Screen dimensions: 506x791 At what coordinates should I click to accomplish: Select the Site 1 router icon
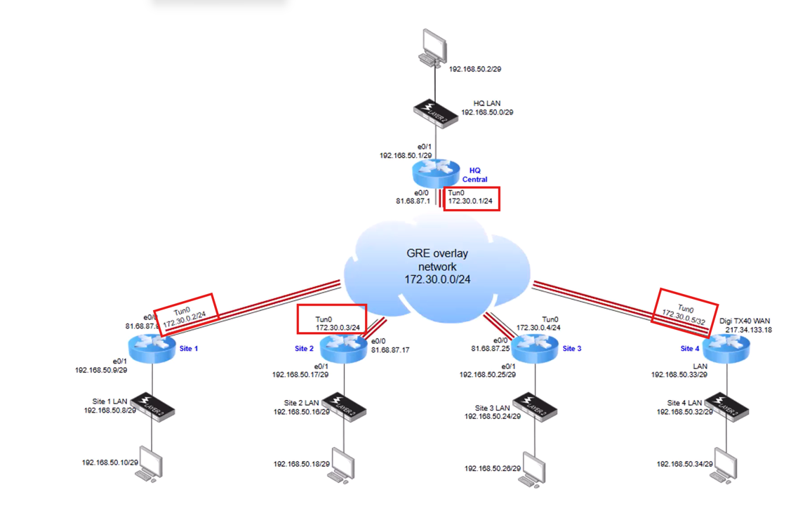click(x=152, y=347)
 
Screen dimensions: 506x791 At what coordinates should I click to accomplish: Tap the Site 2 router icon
click(x=343, y=347)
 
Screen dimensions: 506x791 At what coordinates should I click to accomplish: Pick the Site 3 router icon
click(x=535, y=347)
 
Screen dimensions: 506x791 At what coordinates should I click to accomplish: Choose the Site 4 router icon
click(x=726, y=347)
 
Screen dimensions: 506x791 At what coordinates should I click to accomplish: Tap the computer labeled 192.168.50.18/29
click(x=341, y=465)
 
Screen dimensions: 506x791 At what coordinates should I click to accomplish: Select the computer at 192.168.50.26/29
click(x=533, y=469)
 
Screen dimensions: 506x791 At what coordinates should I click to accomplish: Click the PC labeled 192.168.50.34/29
click(x=724, y=465)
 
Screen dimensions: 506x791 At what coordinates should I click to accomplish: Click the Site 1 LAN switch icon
click(x=152, y=405)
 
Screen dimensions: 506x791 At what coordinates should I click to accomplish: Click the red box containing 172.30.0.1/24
click(x=472, y=198)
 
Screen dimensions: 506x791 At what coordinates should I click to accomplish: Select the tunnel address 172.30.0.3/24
click(x=338, y=327)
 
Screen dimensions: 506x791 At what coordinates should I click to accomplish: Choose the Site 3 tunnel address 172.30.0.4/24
click(x=538, y=327)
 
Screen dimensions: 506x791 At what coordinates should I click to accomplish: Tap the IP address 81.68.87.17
click(x=391, y=349)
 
